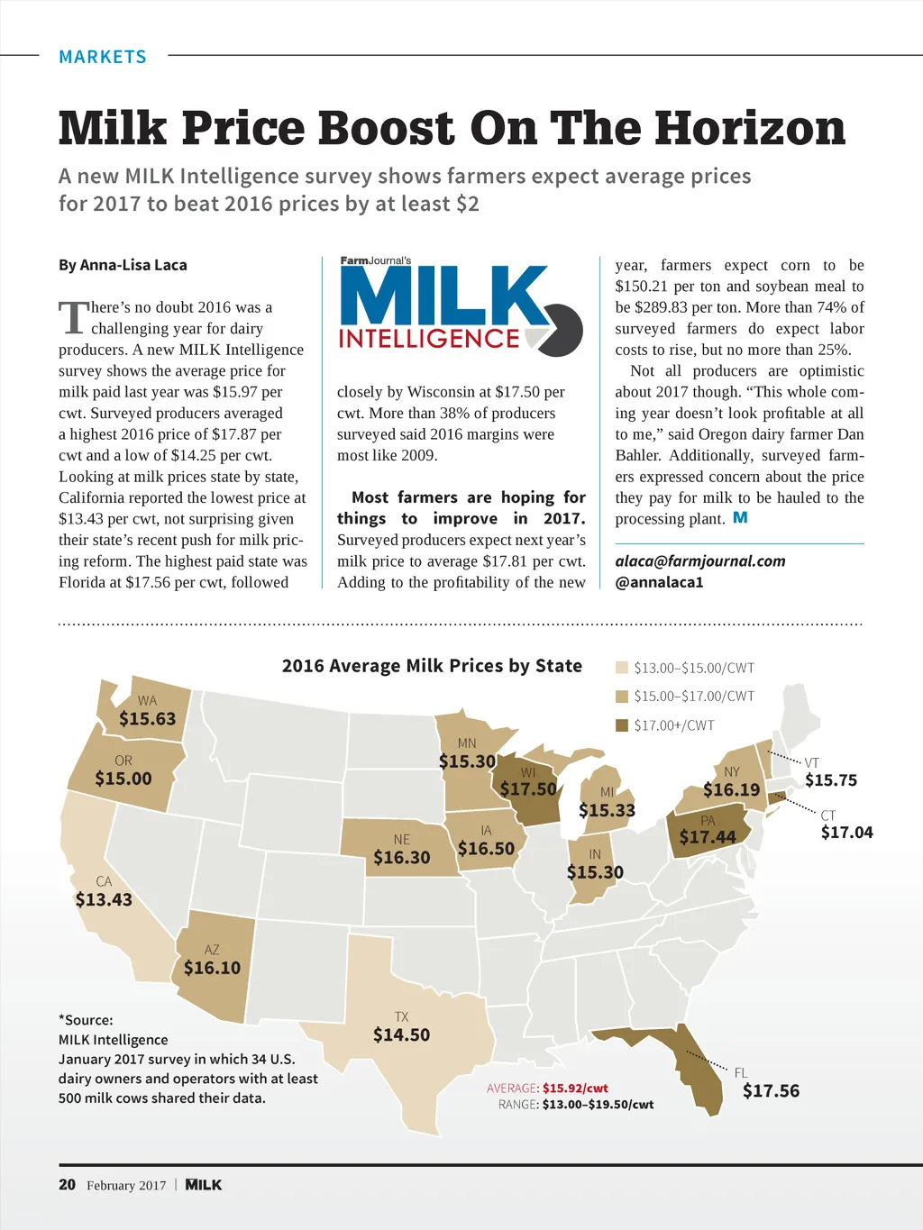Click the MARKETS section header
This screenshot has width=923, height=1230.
(x=102, y=57)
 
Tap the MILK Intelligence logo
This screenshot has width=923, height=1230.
(x=461, y=307)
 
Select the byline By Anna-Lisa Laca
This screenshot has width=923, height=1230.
(x=123, y=265)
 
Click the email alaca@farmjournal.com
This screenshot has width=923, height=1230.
(x=700, y=560)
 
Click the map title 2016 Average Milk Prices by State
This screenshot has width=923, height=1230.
(x=432, y=666)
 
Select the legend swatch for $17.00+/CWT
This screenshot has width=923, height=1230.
(x=621, y=725)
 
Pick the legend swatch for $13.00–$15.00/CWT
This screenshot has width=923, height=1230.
(x=621, y=668)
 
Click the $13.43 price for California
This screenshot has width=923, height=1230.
(x=104, y=899)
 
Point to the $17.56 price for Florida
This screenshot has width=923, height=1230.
(x=771, y=1091)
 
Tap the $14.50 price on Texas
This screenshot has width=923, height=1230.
(x=401, y=1034)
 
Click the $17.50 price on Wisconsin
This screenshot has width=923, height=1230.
(x=528, y=789)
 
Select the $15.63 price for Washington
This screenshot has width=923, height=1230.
(x=148, y=719)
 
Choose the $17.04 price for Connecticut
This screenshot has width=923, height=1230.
(x=846, y=833)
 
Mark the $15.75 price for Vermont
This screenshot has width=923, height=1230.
(x=831, y=780)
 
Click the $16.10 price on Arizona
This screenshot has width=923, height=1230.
(x=212, y=968)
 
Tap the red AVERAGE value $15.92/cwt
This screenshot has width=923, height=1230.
(x=575, y=1088)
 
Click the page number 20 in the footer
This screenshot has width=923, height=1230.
(x=67, y=1185)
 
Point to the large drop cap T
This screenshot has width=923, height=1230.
(x=73, y=318)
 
